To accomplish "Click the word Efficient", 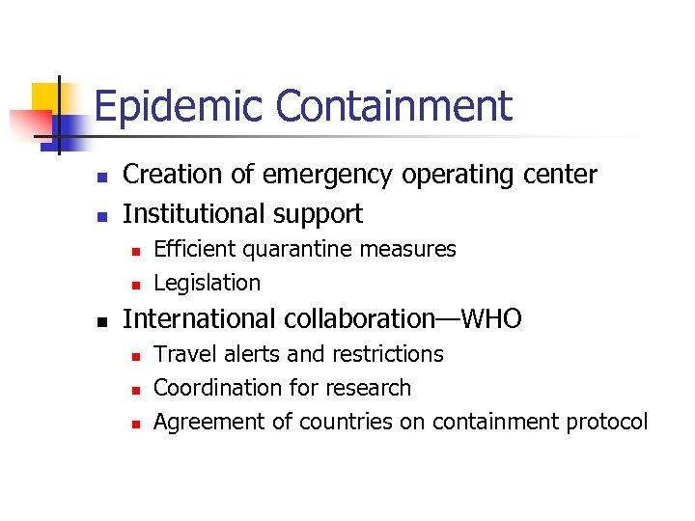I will click(195, 249).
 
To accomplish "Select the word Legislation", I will click(207, 284).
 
